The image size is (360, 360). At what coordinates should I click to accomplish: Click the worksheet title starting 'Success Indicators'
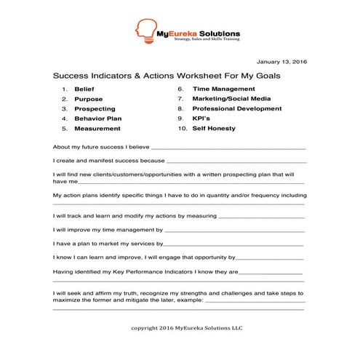click(x=167, y=75)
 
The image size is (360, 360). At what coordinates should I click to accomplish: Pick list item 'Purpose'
click(x=88, y=99)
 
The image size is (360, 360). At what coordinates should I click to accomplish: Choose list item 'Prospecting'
click(x=94, y=108)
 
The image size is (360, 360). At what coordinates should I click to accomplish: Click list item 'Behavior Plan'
click(x=97, y=118)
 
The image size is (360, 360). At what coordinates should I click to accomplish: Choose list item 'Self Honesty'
click(x=214, y=128)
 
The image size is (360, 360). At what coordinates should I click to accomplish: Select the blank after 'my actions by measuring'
click(x=261, y=217)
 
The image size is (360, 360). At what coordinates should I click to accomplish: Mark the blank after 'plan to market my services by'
click(x=234, y=244)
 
